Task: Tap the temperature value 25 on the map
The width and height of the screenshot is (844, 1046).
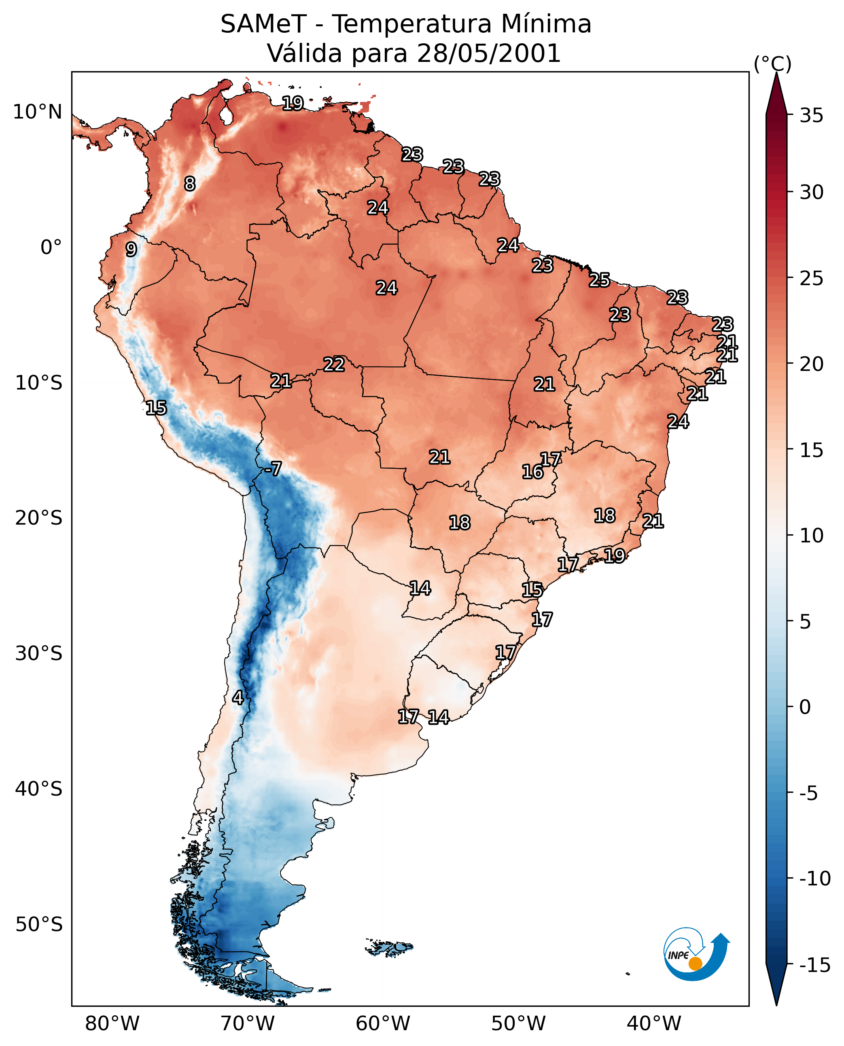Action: point(600,280)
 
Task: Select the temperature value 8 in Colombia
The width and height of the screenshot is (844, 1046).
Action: point(190,184)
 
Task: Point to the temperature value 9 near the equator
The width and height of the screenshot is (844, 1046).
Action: point(131,249)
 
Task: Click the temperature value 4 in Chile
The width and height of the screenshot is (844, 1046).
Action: point(237,697)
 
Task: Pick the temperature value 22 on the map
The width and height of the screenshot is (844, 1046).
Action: point(334,364)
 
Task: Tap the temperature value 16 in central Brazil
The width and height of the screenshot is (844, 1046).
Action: point(532,472)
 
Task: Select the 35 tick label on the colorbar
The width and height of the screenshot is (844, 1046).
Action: point(811,116)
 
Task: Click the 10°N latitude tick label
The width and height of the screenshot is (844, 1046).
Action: point(38,112)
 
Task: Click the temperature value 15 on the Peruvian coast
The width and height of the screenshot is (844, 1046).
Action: point(156,408)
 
